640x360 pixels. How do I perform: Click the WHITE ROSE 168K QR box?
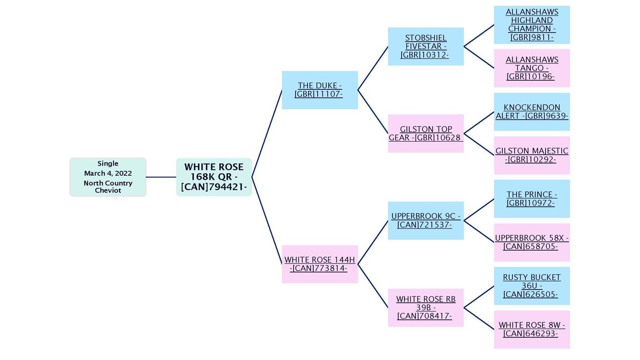point(214,177)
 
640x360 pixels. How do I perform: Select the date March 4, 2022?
point(108,173)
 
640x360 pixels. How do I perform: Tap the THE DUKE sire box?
point(320,90)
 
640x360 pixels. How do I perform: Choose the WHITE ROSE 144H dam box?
point(320,264)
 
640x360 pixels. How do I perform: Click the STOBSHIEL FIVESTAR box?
point(426,47)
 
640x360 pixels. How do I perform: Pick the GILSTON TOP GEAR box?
point(426,133)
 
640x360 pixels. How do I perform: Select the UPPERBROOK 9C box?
point(426,220)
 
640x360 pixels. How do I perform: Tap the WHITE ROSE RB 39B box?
point(426,308)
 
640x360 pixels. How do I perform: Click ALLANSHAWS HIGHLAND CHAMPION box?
point(532,25)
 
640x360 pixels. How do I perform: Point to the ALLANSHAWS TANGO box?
point(532,68)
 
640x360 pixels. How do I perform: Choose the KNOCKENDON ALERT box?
point(532,112)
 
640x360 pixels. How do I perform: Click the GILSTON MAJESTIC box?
point(532,155)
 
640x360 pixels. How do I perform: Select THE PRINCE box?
point(532,199)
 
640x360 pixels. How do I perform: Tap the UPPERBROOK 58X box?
point(532,242)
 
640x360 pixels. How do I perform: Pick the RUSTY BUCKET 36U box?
point(532,286)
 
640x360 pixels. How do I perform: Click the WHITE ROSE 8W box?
point(532,329)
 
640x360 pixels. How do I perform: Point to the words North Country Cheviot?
point(108,187)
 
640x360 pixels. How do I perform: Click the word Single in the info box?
point(108,164)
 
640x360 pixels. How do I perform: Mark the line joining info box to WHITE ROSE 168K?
point(161,177)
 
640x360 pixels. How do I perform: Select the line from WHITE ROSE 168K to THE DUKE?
point(267,134)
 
